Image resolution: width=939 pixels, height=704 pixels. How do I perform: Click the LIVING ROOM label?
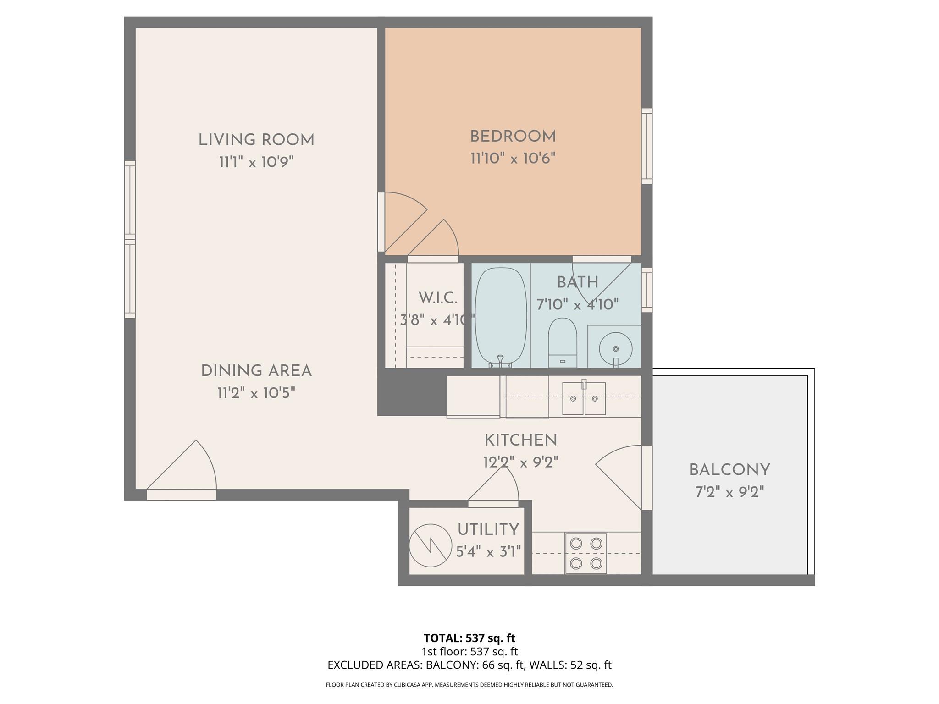(256, 140)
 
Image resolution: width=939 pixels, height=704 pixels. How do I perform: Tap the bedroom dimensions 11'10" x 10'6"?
(513, 159)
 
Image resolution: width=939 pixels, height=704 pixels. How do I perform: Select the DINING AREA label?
(256, 371)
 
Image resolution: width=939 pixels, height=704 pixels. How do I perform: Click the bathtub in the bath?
(500, 316)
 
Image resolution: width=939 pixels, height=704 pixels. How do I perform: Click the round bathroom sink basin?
(615, 348)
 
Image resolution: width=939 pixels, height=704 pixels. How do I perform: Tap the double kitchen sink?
(584, 398)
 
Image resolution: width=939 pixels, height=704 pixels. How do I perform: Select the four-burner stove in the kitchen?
(586, 553)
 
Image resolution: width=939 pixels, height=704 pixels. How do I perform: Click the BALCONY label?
(729, 470)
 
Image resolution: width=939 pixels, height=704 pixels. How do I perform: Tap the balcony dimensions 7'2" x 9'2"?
(729, 492)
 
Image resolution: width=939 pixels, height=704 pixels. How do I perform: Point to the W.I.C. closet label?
(437, 298)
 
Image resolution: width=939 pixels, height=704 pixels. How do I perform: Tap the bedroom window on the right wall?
(646, 146)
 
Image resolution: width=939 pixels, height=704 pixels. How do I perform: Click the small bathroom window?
(646, 290)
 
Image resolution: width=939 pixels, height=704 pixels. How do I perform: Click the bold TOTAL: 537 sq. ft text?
(469, 638)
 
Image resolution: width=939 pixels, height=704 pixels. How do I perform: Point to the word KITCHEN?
(520, 440)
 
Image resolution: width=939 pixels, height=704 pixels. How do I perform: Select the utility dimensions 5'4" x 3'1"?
(489, 551)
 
